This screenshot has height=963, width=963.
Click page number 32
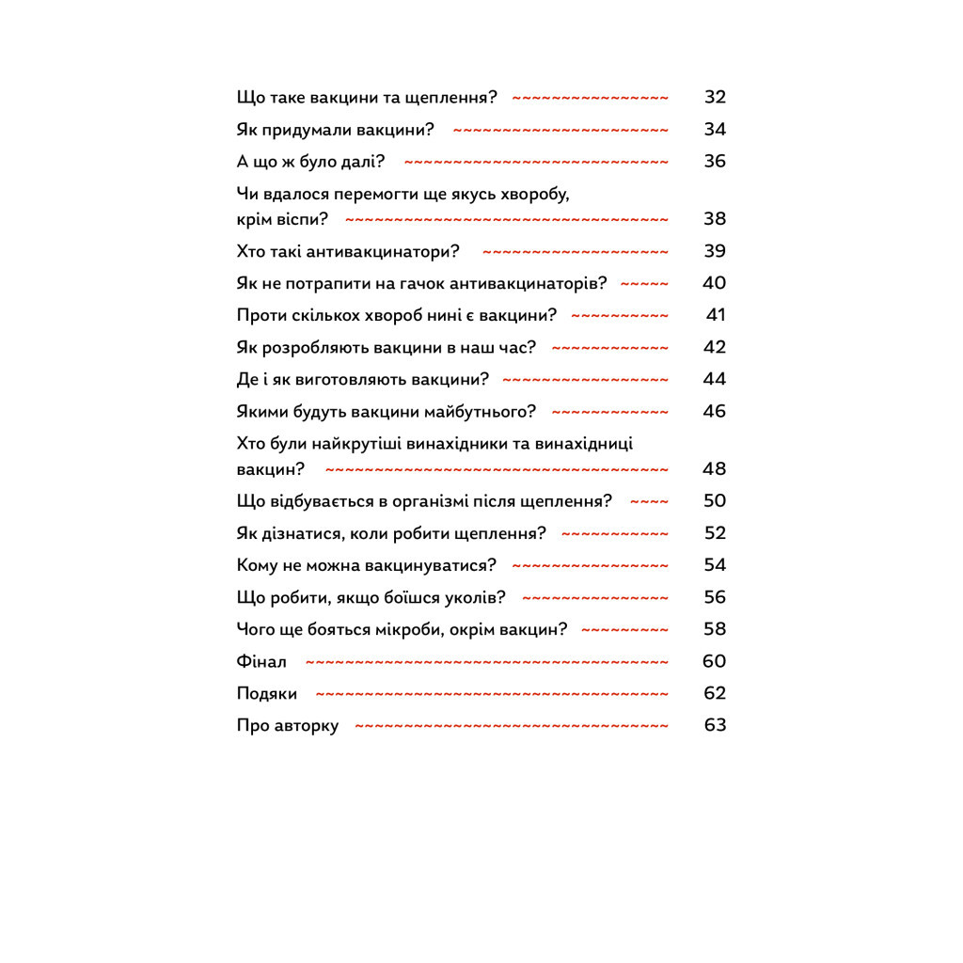click(715, 97)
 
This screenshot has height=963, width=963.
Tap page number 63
click(715, 725)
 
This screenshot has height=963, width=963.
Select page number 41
click(716, 315)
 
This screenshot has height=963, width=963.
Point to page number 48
click(715, 468)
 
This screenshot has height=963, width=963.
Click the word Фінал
click(261, 661)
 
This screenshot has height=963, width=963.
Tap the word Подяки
click(267, 693)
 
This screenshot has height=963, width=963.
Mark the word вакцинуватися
click(418, 565)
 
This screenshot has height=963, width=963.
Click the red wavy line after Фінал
click(487, 661)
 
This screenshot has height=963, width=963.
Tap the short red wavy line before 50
click(649, 501)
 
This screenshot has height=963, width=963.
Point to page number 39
click(715, 251)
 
